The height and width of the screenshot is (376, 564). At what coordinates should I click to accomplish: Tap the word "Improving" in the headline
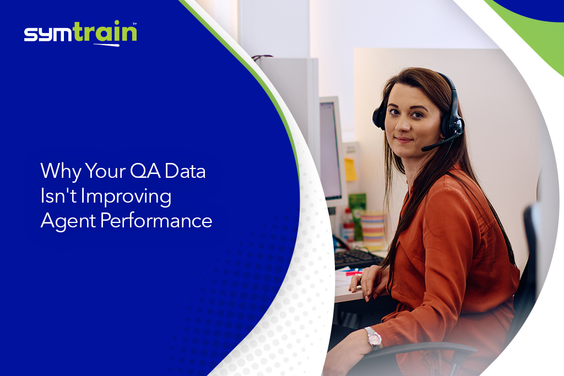coord(122,197)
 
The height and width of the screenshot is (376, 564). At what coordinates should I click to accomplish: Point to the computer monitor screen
coord(330,149)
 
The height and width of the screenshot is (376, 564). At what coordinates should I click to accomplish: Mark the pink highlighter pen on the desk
coord(352,273)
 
